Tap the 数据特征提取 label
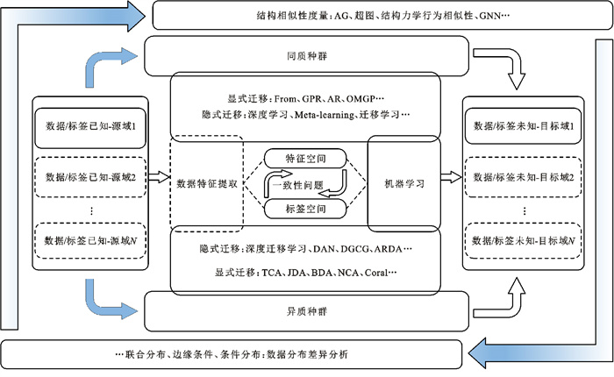207,183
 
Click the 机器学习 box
404,183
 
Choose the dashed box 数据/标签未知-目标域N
524,239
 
